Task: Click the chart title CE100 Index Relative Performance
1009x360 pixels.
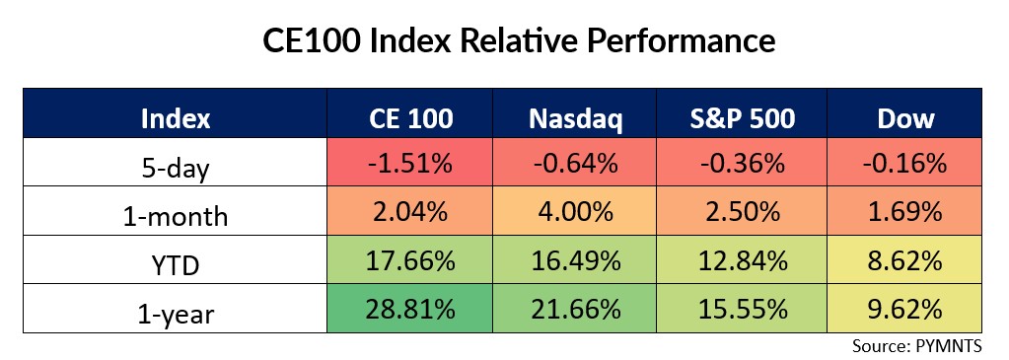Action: [x=504, y=40]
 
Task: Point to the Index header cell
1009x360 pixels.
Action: [x=177, y=117]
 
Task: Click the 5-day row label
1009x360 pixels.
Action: [x=177, y=163]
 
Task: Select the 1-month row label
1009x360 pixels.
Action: [x=177, y=211]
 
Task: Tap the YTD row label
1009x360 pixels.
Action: [x=177, y=259]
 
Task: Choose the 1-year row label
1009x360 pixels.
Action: [x=177, y=308]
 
